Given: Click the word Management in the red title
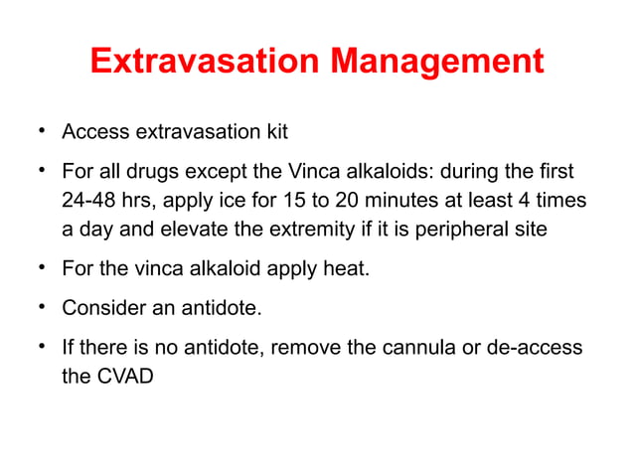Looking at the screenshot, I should [x=437, y=62].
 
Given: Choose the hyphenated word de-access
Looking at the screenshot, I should [x=539, y=349].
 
